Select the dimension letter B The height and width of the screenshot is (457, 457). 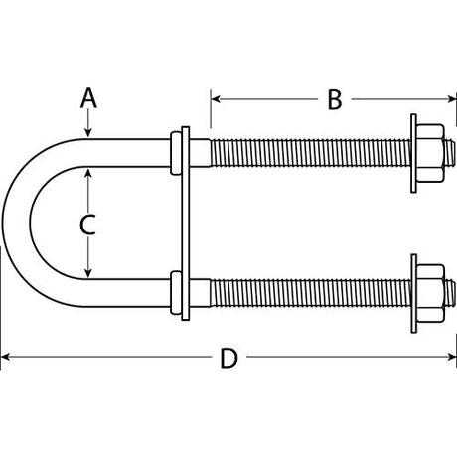334,98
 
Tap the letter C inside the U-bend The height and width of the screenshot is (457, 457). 87,224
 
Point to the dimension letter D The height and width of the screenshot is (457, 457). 228,359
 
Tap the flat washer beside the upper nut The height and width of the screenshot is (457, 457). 411,152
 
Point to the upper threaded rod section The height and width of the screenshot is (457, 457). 308,152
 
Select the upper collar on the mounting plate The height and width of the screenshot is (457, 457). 178,152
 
